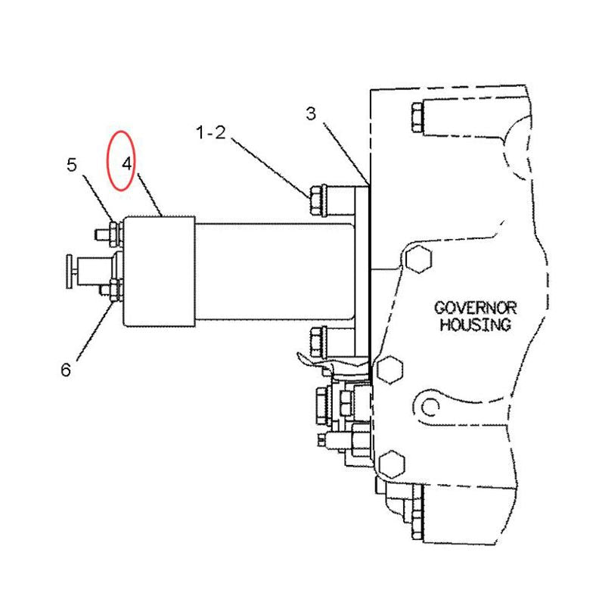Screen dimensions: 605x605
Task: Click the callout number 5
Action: (72, 165)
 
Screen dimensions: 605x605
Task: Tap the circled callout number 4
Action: (127, 164)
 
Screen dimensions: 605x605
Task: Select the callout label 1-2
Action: (211, 133)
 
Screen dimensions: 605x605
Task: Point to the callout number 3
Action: (311, 113)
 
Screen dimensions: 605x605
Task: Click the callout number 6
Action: (66, 370)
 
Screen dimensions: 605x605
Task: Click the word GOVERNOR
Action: (476, 308)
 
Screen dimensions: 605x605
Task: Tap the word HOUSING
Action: (476, 324)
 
